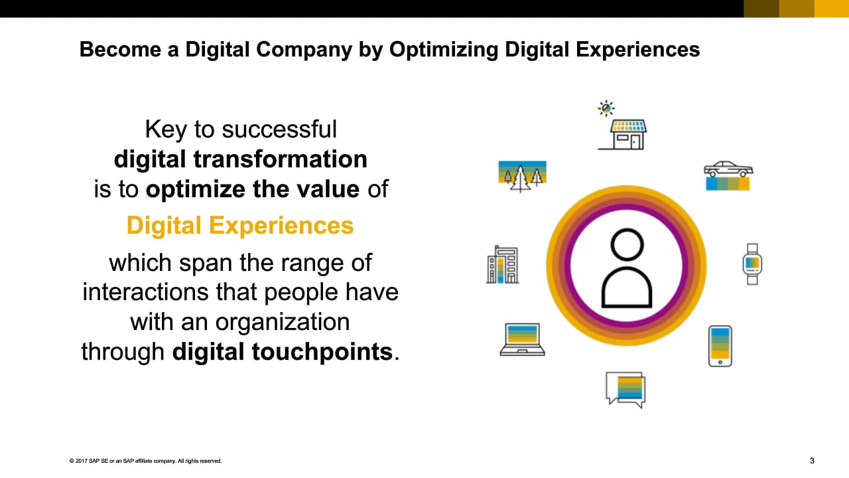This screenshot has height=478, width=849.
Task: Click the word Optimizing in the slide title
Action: point(444,50)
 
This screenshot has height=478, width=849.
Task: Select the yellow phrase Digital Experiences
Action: point(240,225)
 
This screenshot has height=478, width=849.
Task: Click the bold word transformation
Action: point(280,159)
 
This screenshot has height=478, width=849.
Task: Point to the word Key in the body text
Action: point(166,130)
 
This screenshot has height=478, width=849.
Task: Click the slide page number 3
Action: point(812,461)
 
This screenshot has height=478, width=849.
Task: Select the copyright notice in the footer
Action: point(145,461)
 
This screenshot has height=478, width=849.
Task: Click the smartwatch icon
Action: point(752,264)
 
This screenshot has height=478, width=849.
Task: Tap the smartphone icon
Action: point(720,346)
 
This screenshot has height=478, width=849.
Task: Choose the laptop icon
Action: point(522,339)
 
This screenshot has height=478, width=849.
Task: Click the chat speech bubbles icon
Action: point(625,390)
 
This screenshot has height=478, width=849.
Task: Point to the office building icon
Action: point(503,265)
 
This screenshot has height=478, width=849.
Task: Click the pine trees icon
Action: point(522,177)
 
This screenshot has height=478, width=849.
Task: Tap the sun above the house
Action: point(606,108)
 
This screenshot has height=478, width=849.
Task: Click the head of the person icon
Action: point(627,245)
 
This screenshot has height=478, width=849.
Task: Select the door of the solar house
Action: point(635,142)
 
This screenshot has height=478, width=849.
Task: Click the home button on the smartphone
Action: point(720,362)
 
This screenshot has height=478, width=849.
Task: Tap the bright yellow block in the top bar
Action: point(832,9)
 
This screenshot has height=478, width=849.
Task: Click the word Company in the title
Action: point(304,50)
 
